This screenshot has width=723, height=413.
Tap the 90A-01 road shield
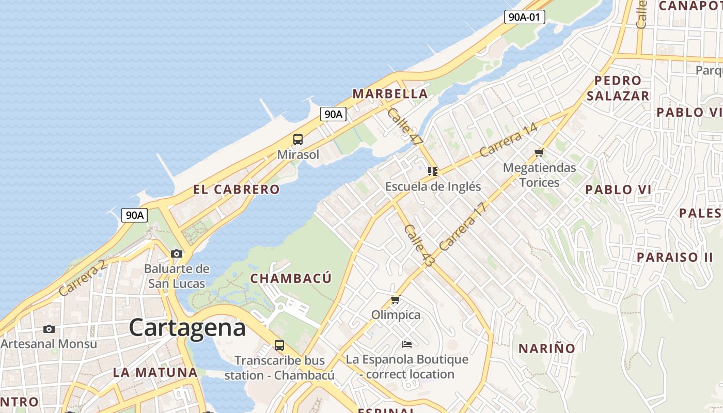point(524,17)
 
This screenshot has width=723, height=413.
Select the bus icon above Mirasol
point(298,139)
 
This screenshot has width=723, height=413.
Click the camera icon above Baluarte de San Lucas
point(177,253)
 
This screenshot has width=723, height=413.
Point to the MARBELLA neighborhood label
point(390,94)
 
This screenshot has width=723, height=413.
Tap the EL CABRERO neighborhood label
point(237,189)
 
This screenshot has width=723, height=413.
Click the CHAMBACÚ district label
point(291,278)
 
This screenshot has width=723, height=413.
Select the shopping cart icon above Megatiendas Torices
point(539,152)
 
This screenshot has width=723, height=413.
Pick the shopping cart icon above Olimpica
point(396,299)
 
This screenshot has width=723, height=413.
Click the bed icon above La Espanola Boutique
point(407,344)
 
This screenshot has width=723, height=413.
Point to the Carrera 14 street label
point(508,140)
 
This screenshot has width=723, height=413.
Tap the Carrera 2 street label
point(82,278)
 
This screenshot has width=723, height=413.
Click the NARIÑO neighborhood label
point(546,348)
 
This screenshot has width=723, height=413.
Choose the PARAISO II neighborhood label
point(674,257)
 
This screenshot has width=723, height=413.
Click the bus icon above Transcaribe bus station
point(279,345)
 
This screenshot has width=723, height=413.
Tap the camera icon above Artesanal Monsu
point(49,329)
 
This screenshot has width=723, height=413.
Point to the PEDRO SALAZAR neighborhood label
point(618,88)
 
